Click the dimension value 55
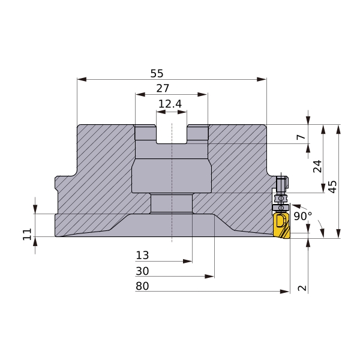tap(157, 73)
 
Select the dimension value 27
tap(163, 88)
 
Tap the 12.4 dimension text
tap(170, 104)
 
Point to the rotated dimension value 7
tap(301, 137)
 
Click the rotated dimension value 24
tap(317, 166)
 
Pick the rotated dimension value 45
tap(332, 187)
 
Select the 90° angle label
tap(303, 216)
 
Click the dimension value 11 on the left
tap(27, 234)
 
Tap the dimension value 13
tap(142, 256)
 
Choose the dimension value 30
tap(142, 271)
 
